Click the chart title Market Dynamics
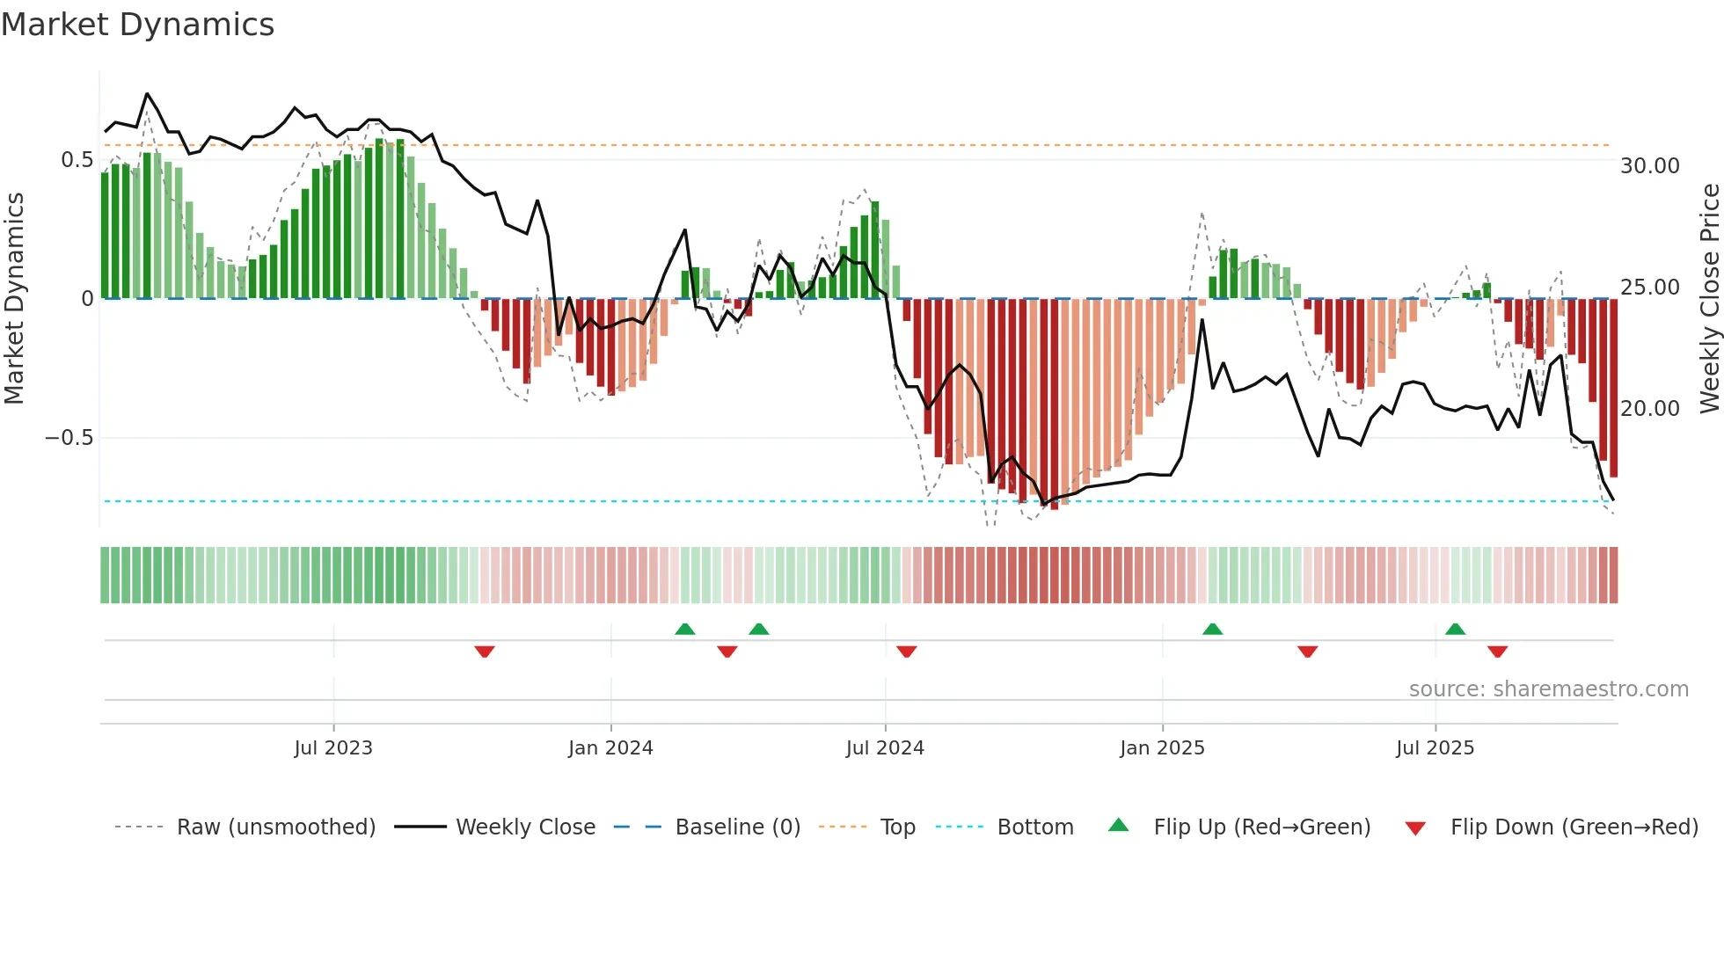138,25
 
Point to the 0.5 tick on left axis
77,160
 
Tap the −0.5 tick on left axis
69,438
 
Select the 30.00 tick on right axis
1649,166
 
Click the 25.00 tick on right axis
1649,288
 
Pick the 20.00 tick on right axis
1649,409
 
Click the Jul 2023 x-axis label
333,748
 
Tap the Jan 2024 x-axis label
610,748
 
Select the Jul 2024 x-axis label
885,748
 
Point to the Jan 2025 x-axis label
1162,748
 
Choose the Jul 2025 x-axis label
1435,748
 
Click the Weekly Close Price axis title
1709,299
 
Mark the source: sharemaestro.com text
1548,689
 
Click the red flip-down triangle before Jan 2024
485,652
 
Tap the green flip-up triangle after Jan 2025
1212,629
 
